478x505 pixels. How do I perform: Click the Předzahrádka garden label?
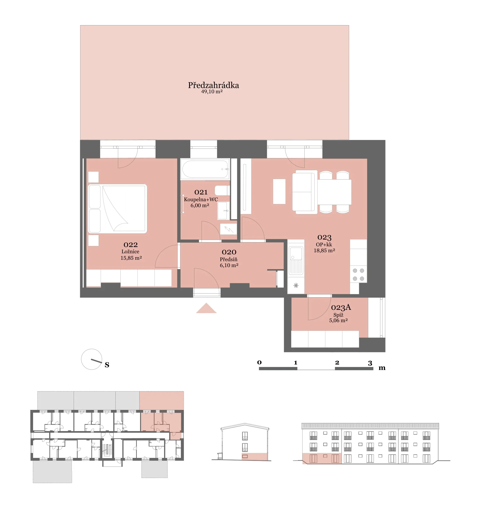213,85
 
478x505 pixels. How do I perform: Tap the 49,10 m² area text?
212,92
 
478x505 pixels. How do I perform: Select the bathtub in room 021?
205,169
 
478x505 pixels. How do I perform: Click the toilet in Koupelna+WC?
222,190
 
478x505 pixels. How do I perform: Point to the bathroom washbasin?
224,211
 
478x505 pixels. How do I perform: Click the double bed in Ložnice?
117,209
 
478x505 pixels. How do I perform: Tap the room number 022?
131,245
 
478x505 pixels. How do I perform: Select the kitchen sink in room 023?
296,260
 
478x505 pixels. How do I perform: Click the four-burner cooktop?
358,275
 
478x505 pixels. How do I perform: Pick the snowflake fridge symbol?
296,286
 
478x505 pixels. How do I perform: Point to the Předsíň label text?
229,259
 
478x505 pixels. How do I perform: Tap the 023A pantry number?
341,308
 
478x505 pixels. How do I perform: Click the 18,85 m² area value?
324,251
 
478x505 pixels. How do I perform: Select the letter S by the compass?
107,365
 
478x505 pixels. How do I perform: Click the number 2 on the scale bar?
337,363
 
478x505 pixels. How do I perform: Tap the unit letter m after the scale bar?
382,368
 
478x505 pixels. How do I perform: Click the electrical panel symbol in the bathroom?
229,229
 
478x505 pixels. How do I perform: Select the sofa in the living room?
305,192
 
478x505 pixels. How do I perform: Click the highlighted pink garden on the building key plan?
162,401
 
